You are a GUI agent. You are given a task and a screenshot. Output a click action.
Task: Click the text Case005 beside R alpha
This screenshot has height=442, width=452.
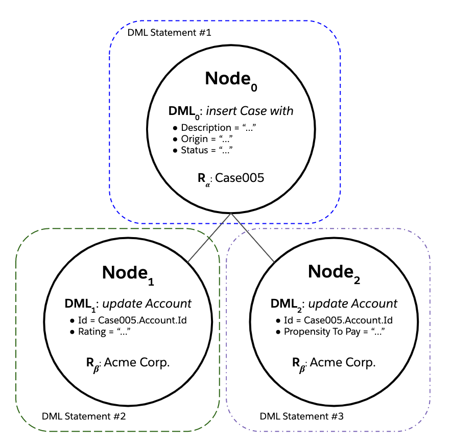coord(240,178)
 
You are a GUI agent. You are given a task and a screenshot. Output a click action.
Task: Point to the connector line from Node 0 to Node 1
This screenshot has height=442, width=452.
coord(209,239)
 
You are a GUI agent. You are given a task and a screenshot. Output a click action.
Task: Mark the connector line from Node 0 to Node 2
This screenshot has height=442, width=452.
coord(253,239)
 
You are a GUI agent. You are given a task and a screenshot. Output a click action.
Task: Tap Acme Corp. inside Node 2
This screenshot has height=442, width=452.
coord(343,363)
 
